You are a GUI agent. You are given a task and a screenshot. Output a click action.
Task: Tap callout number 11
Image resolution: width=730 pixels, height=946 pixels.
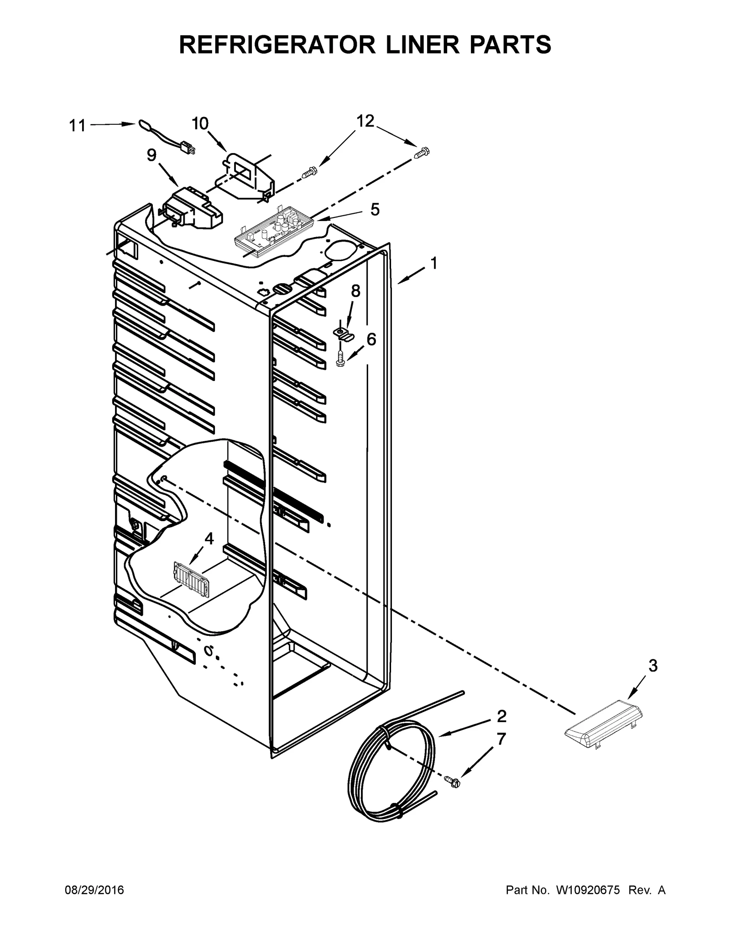point(77,126)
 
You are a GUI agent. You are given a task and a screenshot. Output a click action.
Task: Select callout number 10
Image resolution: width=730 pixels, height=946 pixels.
point(200,123)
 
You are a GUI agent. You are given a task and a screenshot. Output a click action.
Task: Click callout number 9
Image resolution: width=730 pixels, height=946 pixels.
point(151,155)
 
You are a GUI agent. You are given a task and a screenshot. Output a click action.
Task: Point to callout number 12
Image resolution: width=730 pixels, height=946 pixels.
point(365,121)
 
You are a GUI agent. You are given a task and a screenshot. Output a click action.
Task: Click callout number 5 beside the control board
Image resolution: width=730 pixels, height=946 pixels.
point(375,210)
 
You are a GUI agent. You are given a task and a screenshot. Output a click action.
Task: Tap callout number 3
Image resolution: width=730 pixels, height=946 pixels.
point(653,666)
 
